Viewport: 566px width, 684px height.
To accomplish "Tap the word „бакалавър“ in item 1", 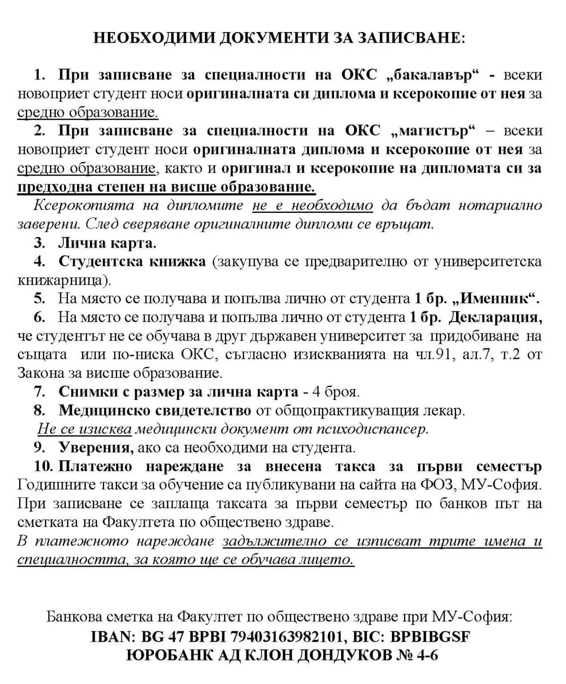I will click(435, 75).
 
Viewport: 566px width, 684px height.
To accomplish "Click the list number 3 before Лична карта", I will click(40, 243).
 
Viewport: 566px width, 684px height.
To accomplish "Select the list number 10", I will click(44, 466).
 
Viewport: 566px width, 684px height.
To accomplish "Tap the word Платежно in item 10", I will click(95, 466).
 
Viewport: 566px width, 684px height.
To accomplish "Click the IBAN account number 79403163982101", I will click(287, 637).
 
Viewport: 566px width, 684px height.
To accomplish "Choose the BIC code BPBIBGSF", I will click(430, 637).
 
